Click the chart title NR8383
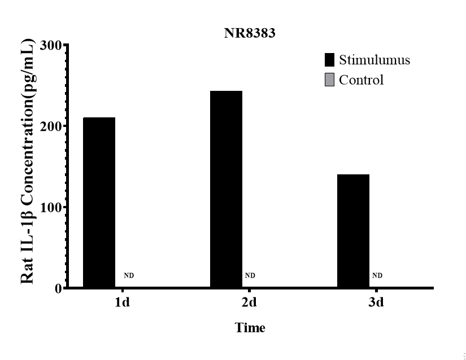pos(249,33)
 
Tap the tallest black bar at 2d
pos(226,189)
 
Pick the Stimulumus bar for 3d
pos(353,231)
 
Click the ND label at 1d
pos(129,276)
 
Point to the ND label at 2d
pos(250,276)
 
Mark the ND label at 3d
pos(377,276)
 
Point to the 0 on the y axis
pos(58,288)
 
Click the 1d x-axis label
pos(123,302)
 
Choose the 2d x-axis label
pos(249,302)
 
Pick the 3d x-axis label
pos(376,302)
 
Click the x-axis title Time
pos(250,327)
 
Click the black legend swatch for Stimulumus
pos(330,60)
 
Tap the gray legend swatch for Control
pos(330,80)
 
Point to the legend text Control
pos(362,80)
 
